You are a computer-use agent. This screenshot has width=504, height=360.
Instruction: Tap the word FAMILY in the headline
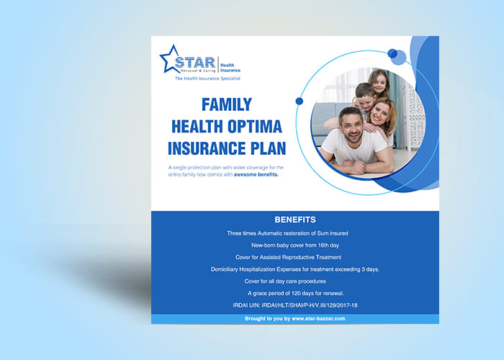click(x=227, y=104)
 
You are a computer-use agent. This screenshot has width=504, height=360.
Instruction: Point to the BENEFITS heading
click(x=295, y=220)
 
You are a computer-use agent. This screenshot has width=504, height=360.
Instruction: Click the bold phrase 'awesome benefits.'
click(x=256, y=175)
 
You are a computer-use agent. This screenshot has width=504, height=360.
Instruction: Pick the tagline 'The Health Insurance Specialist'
click(x=207, y=78)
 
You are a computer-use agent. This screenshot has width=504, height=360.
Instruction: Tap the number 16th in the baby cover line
click(x=323, y=246)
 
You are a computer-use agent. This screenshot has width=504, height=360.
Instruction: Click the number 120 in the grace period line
click(x=296, y=293)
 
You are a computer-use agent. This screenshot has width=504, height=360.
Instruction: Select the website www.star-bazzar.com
click(x=318, y=318)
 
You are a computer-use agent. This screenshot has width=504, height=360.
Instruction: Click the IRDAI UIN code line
click(x=295, y=305)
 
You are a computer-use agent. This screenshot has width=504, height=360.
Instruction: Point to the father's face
click(x=352, y=126)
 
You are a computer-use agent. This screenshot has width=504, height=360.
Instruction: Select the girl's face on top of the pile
click(x=379, y=82)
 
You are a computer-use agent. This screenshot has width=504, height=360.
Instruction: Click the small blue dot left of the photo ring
click(x=300, y=102)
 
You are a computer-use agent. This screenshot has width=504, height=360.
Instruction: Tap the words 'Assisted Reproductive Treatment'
click(x=300, y=257)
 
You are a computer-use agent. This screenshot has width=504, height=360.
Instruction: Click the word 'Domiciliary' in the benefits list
click(x=225, y=269)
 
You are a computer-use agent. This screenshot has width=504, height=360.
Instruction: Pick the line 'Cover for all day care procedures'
click(x=285, y=282)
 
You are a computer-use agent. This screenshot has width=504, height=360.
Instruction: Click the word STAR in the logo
click(x=195, y=63)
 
